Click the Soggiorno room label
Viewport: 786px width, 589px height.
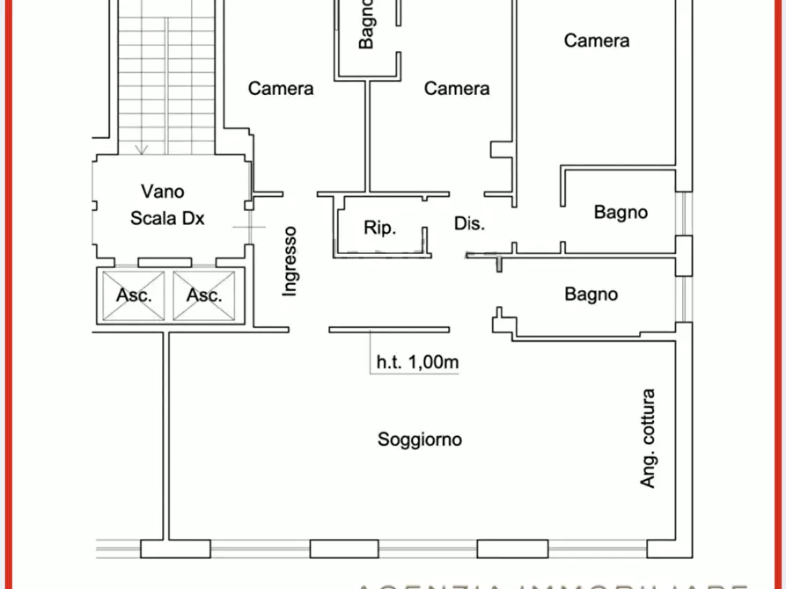click(x=420, y=440)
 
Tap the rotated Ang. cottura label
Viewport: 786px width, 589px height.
click(x=649, y=439)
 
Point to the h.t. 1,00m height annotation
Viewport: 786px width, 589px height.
click(x=418, y=361)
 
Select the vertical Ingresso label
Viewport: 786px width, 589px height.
click(x=290, y=260)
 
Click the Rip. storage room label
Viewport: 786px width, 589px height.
click(x=380, y=228)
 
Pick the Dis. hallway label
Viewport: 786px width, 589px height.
click(x=470, y=224)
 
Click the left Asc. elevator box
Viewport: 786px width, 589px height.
click(x=134, y=295)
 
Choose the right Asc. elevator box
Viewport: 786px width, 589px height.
click(x=204, y=295)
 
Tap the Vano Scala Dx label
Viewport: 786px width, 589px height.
click(x=167, y=204)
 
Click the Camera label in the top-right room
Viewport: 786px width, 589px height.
click(x=597, y=40)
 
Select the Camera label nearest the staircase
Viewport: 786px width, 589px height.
click(x=281, y=88)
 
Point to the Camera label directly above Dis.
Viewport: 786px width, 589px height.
click(x=457, y=88)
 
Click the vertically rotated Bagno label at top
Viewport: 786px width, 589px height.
click(x=367, y=25)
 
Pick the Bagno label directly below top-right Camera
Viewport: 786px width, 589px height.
click(x=621, y=212)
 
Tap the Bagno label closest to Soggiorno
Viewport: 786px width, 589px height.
click(x=591, y=294)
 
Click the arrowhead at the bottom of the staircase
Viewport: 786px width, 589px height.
click(x=141, y=149)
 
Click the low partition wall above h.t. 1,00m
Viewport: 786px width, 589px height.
click(x=392, y=331)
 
